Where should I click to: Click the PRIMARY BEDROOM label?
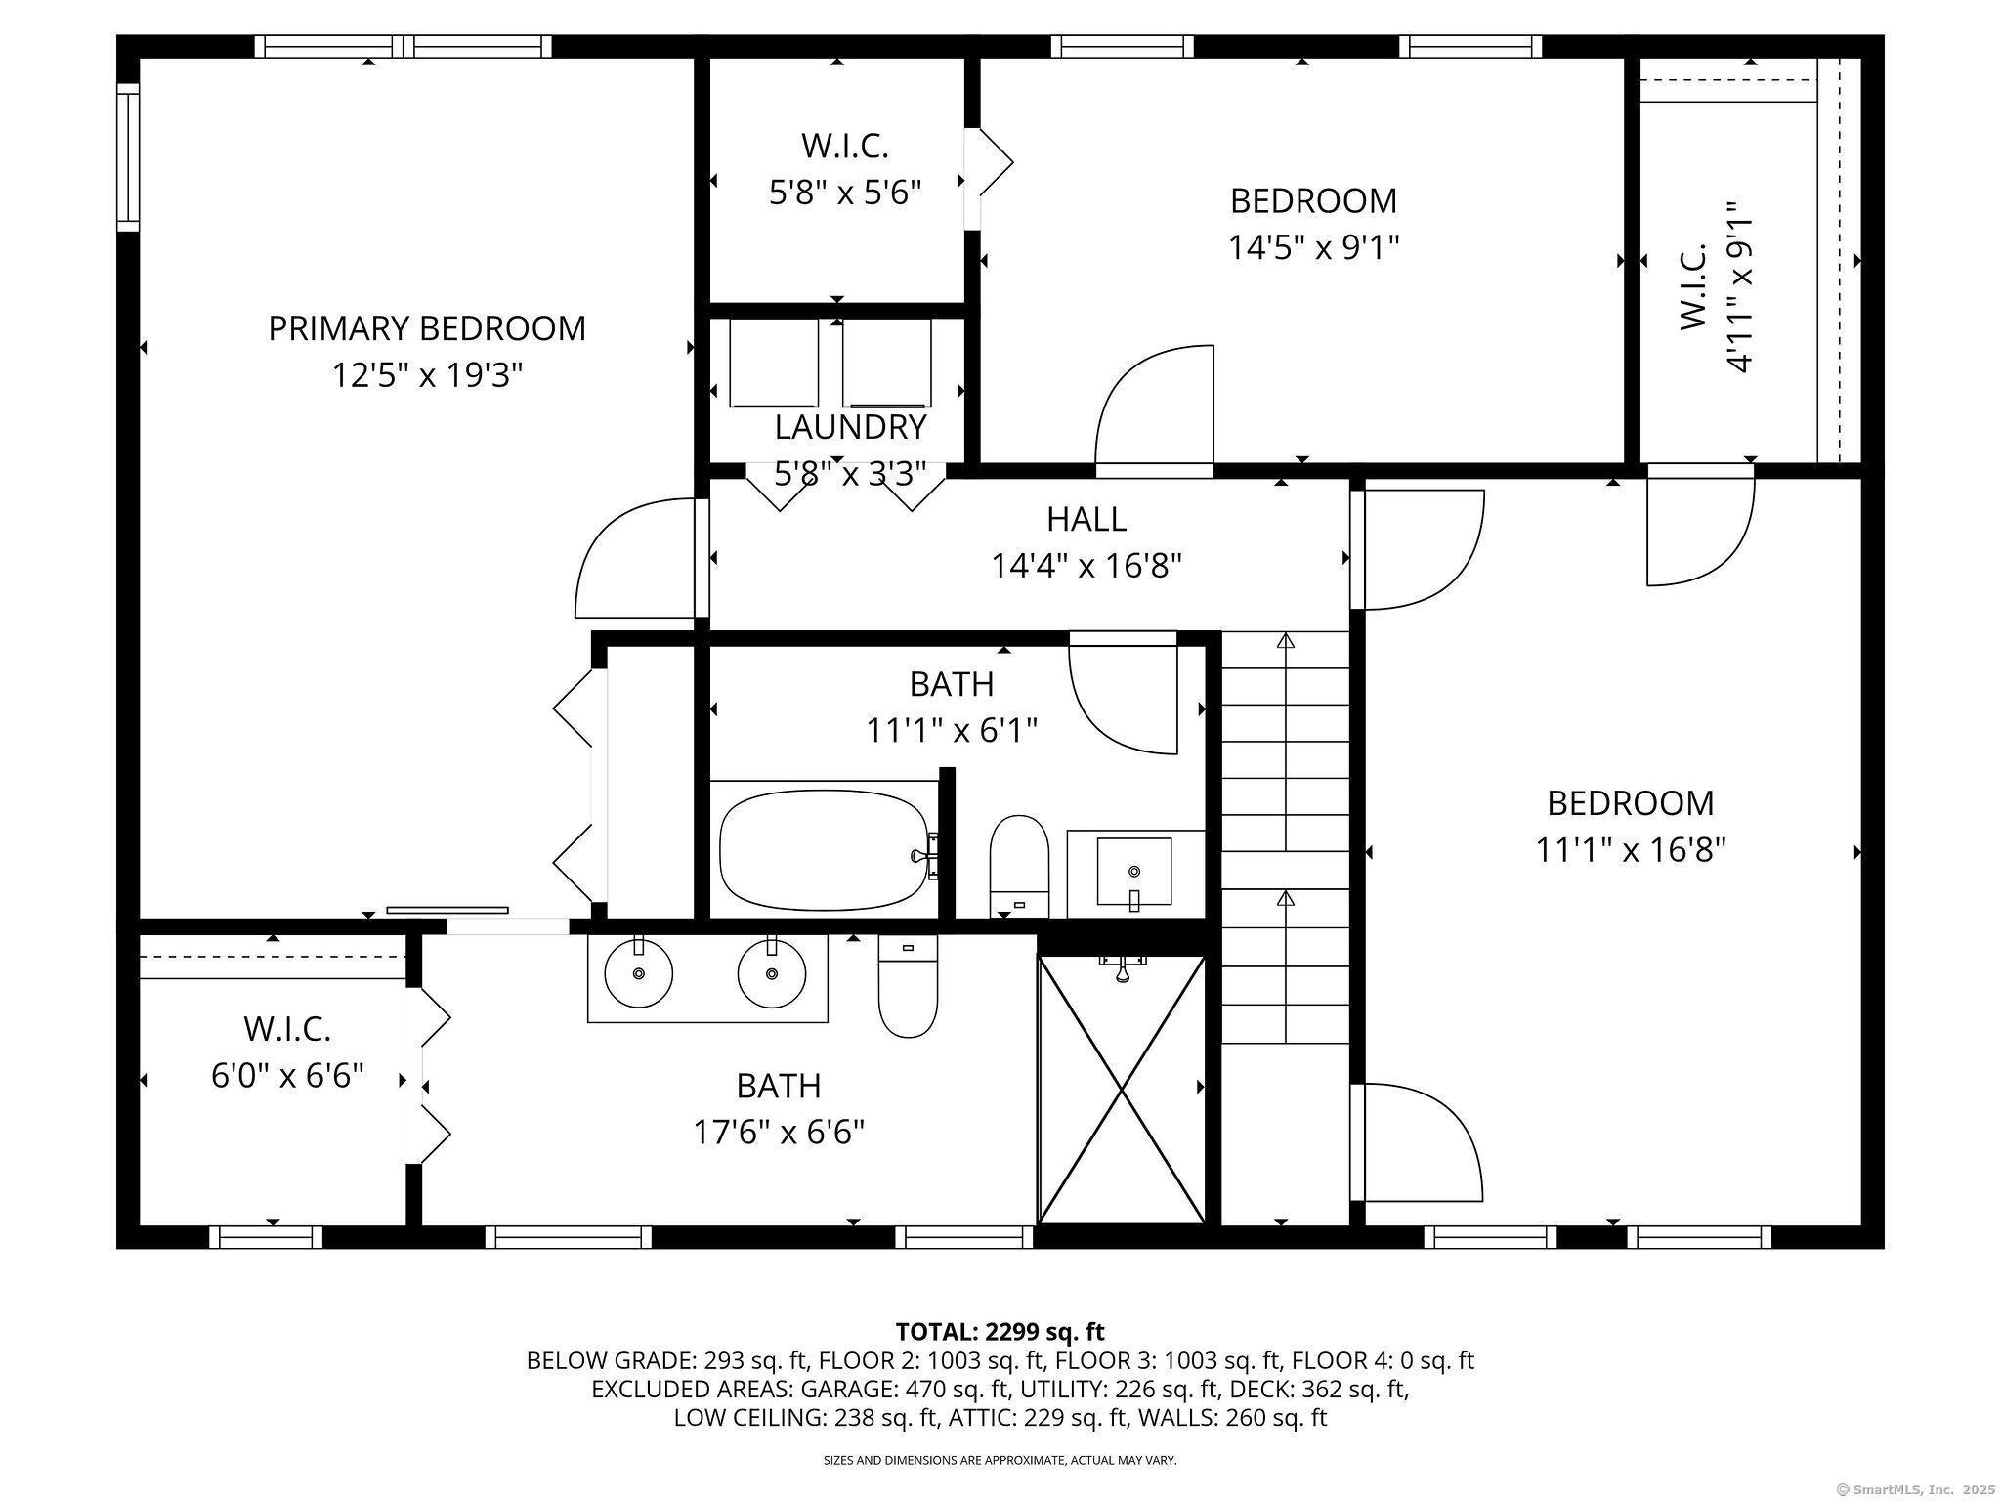coord(427,328)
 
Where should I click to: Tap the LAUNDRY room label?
coord(850,427)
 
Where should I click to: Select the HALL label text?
coord(1086,519)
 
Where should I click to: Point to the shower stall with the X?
coord(1121,1090)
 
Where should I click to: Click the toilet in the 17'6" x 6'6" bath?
coord(908,986)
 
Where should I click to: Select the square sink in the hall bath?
coord(1133,871)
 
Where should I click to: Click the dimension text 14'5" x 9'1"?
coord(1313,247)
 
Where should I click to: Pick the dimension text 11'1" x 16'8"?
coord(1631,850)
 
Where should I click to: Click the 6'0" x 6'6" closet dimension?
coord(288,1076)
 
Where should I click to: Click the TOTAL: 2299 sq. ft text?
coord(1000,1331)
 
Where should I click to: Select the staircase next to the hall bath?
coord(1285,836)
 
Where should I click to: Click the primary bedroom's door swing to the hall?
coord(636,558)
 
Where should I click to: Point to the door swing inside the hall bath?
coord(1124,694)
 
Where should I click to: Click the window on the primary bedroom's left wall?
coord(128,157)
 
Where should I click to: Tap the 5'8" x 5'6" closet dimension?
coord(846,193)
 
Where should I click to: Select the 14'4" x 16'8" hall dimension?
coord(1087,566)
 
